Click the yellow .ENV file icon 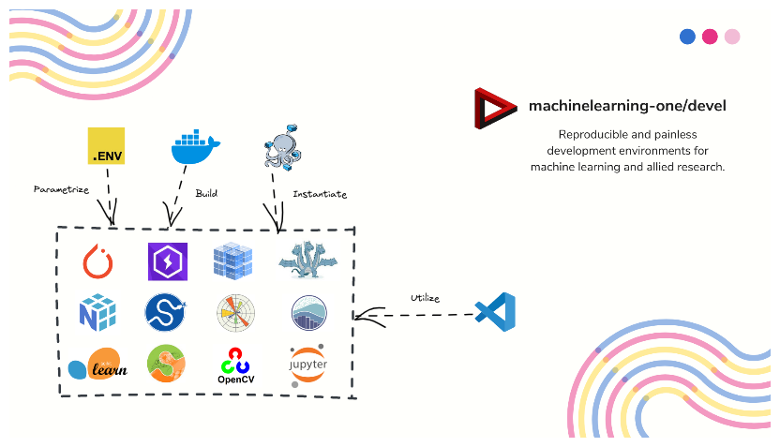click(x=106, y=146)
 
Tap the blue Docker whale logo click(x=195, y=148)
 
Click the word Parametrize click(x=61, y=189)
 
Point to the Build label click(x=206, y=193)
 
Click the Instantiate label click(x=320, y=195)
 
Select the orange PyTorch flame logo click(x=98, y=261)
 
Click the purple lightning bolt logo click(x=168, y=261)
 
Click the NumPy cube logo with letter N click(x=97, y=312)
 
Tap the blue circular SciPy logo click(x=166, y=312)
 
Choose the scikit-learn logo click(x=95, y=364)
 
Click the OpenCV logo click(x=235, y=366)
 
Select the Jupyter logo click(x=307, y=364)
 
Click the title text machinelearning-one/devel click(x=627, y=107)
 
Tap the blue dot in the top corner click(x=687, y=37)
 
